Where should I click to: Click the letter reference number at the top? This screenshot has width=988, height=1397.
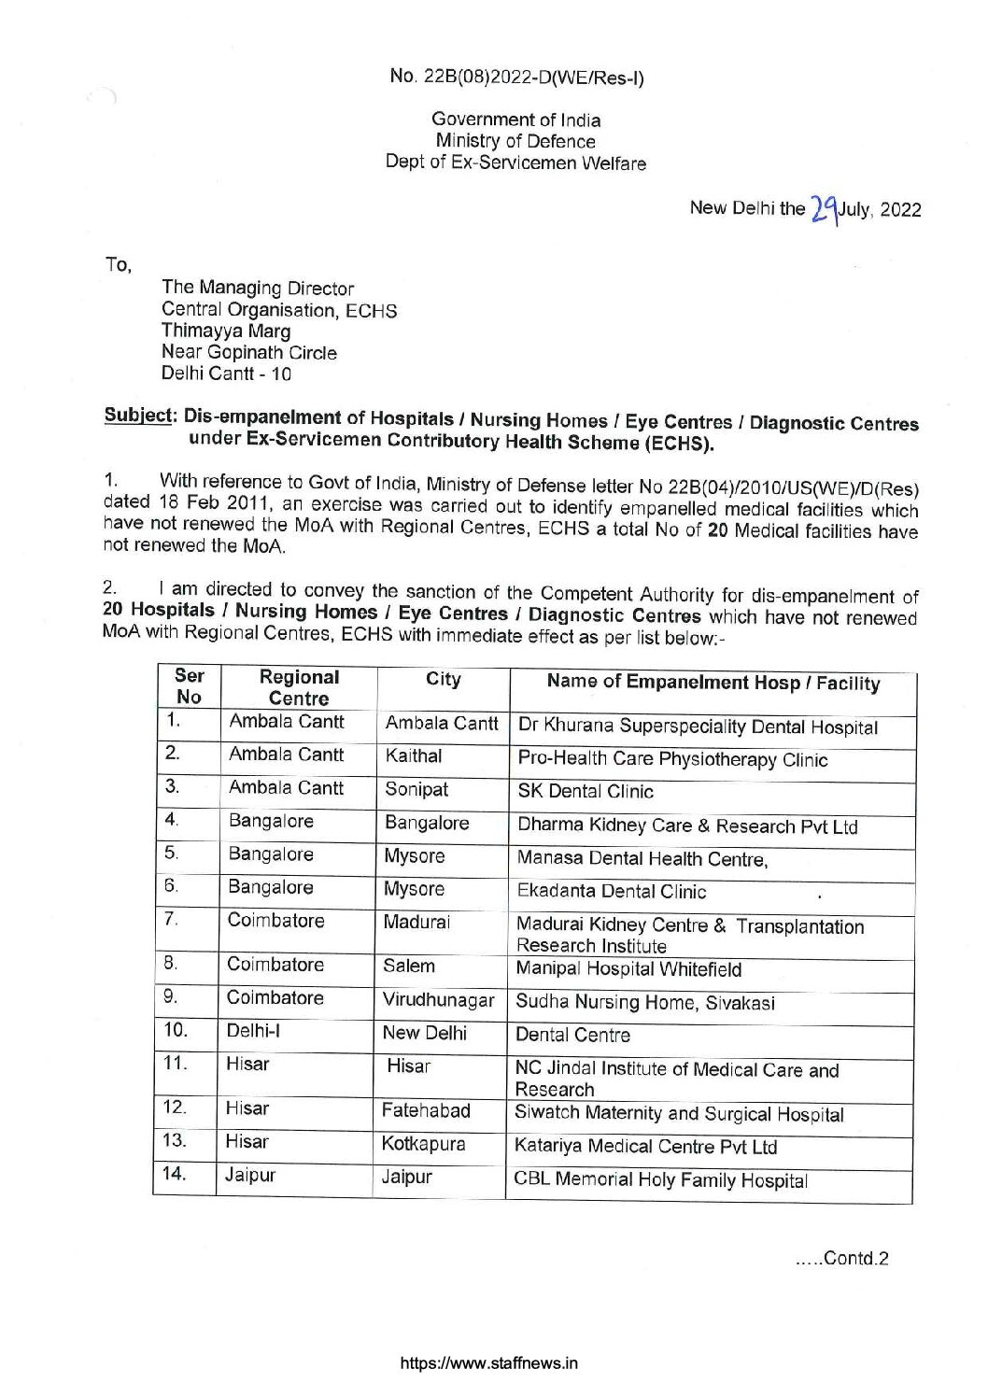516,78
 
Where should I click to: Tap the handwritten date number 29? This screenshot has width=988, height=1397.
823,207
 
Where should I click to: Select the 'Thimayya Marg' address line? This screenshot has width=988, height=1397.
226,331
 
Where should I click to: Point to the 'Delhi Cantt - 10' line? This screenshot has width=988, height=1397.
226,374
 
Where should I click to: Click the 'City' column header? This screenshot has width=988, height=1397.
443,680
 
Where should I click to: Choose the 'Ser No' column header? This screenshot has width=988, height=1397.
189,686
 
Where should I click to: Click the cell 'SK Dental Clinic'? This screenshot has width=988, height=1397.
586,792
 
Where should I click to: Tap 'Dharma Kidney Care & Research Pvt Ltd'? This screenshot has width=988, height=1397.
687,826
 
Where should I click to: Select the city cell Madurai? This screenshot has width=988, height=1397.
416,922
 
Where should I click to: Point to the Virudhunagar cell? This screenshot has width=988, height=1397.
438,1000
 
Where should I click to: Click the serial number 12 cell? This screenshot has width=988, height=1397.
175,1108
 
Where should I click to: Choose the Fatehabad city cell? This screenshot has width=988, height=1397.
426,1111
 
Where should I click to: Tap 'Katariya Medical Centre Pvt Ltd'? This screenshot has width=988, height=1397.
646,1147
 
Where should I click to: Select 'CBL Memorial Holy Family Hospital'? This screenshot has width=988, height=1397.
660,1180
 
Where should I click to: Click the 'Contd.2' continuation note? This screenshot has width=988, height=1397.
841,1258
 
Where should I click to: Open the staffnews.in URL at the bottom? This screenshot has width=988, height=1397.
488,1362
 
